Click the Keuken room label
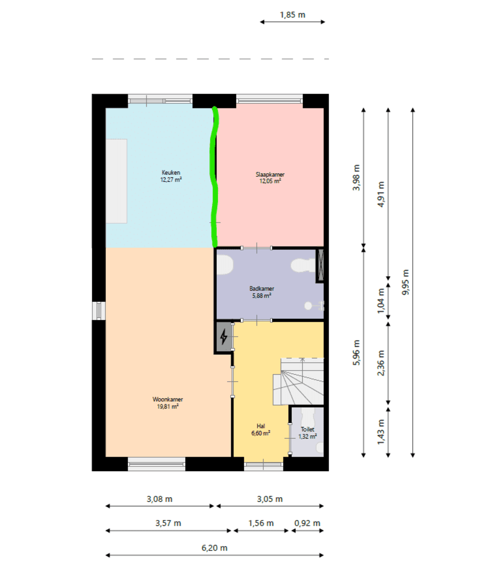(x=171, y=176)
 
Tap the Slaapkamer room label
(x=270, y=178)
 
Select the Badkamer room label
(x=261, y=292)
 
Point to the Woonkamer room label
(x=168, y=403)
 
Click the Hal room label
(x=260, y=430)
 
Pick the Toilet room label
(x=307, y=433)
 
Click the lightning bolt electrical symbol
(x=223, y=337)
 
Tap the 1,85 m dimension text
(x=292, y=15)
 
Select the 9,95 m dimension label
(x=405, y=282)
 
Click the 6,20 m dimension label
(x=214, y=548)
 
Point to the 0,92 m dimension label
(x=307, y=523)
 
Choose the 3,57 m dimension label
(x=168, y=523)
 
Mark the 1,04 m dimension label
(x=380, y=301)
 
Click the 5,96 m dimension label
(x=356, y=352)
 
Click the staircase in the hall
(x=298, y=381)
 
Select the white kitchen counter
(x=116, y=181)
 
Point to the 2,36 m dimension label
(x=380, y=363)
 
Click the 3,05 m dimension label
(x=269, y=499)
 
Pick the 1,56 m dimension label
(x=261, y=523)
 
